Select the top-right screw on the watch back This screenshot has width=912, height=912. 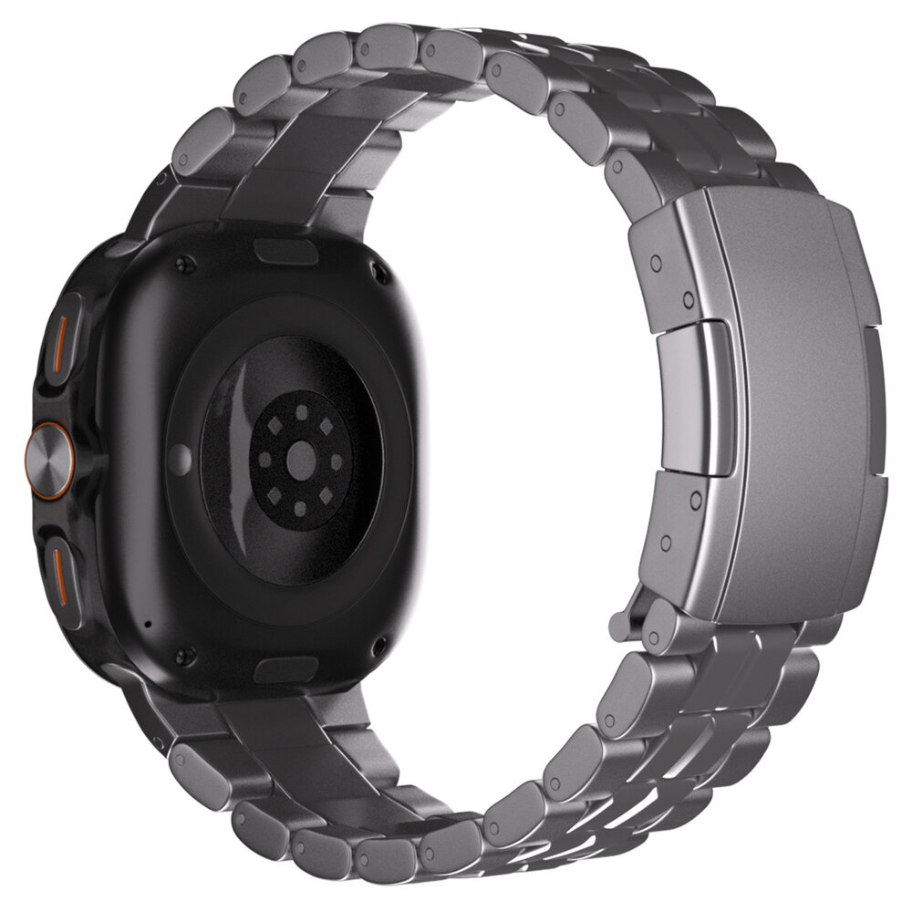[x=376, y=267]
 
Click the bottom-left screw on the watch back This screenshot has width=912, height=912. [x=187, y=653]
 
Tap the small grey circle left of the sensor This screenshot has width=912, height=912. [x=181, y=453]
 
